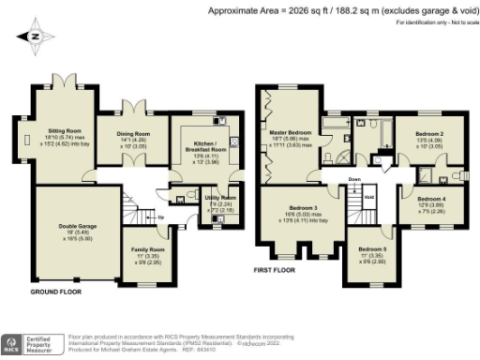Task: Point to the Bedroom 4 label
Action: pos(431,199)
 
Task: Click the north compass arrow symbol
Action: pos(35,37)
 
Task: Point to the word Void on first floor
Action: pos(369,198)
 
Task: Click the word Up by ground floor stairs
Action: pos(160,217)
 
